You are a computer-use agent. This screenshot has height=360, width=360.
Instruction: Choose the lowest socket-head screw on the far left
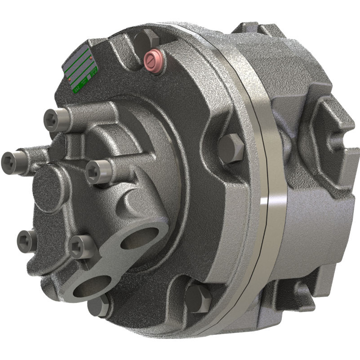click(26, 240)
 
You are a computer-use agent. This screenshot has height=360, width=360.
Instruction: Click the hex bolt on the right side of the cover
click(231, 147)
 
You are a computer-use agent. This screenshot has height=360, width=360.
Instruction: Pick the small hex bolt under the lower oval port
click(98, 307)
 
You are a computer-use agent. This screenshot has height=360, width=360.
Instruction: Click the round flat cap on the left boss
click(49, 187)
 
